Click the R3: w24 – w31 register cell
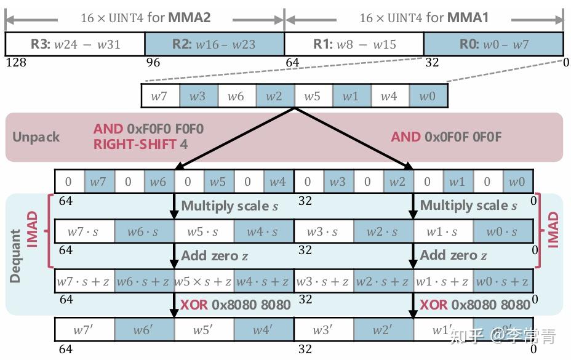click(x=75, y=44)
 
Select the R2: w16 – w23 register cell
click(x=215, y=44)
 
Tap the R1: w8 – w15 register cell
click(x=354, y=44)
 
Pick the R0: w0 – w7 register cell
click(x=493, y=44)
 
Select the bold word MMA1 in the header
click(x=468, y=18)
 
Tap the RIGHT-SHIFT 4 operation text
click(x=140, y=145)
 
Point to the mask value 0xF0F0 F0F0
click(x=165, y=129)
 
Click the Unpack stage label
click(x=36, y=137)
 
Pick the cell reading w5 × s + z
click(x=203, y=281)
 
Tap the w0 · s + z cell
click(x=503, y=281)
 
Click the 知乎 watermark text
click(x=465, y=336)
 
